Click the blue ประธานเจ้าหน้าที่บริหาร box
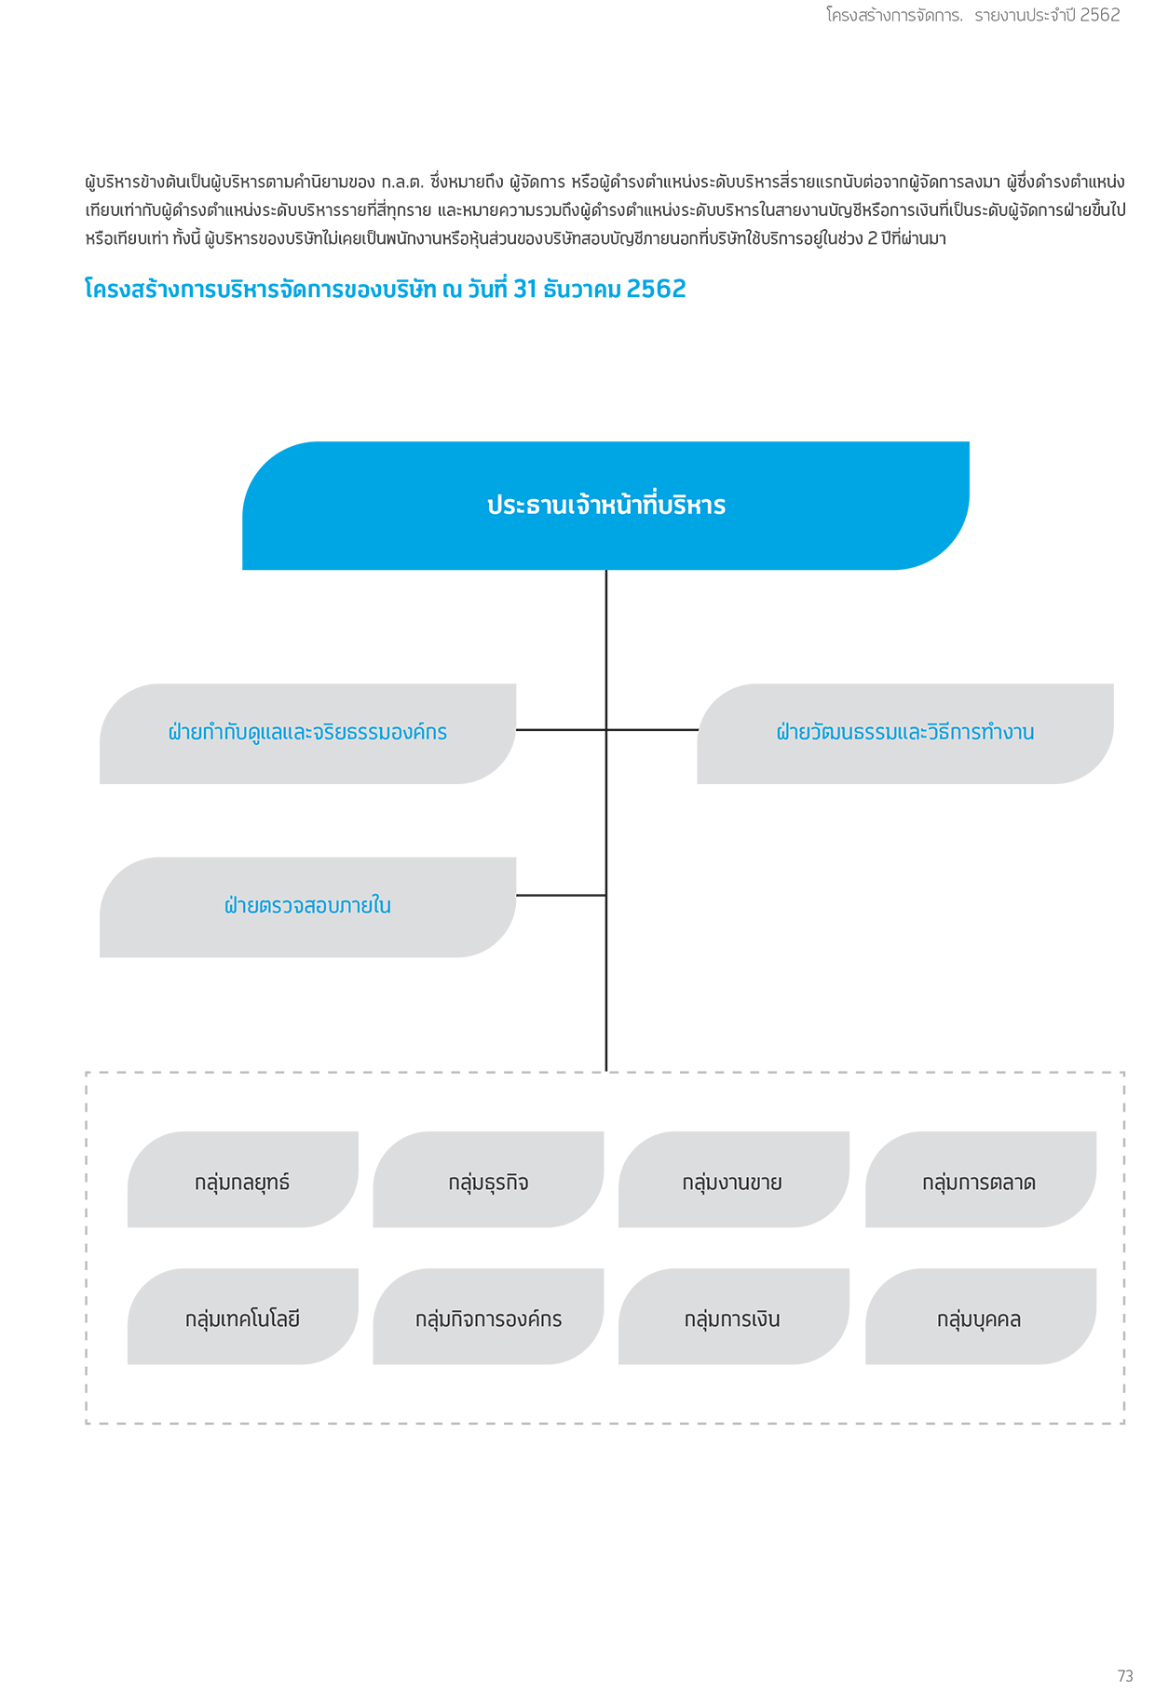[x=605, y=506]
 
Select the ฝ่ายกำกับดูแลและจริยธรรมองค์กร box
[x=307, y=734]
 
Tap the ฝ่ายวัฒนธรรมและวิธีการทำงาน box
[x=905, y=734]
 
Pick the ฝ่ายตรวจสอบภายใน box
[x=307, y=907]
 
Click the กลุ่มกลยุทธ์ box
[x=243, y=1180]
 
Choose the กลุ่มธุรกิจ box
[x=488, y=1180]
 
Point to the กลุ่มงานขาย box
[x=734, y=1180]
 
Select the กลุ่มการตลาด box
[x=981, y=1180]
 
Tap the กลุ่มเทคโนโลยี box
[x=243, y=1317]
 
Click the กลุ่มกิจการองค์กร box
[x=488, y=1317]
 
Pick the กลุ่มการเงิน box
[x=734, y=1317]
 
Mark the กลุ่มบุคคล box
[x=981, y=1317]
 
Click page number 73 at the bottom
[x=1125, y=1675]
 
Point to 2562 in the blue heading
[x=657, y=289]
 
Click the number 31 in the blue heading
[x=525, y=289]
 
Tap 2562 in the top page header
[x=1100, y=15]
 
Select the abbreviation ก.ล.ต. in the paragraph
[x=402, y=182]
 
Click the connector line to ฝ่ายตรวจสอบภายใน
[x=561, y=895]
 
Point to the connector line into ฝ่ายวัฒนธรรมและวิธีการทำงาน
[x=652, y=730]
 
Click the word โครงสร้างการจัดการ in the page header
[x=894, y=15]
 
